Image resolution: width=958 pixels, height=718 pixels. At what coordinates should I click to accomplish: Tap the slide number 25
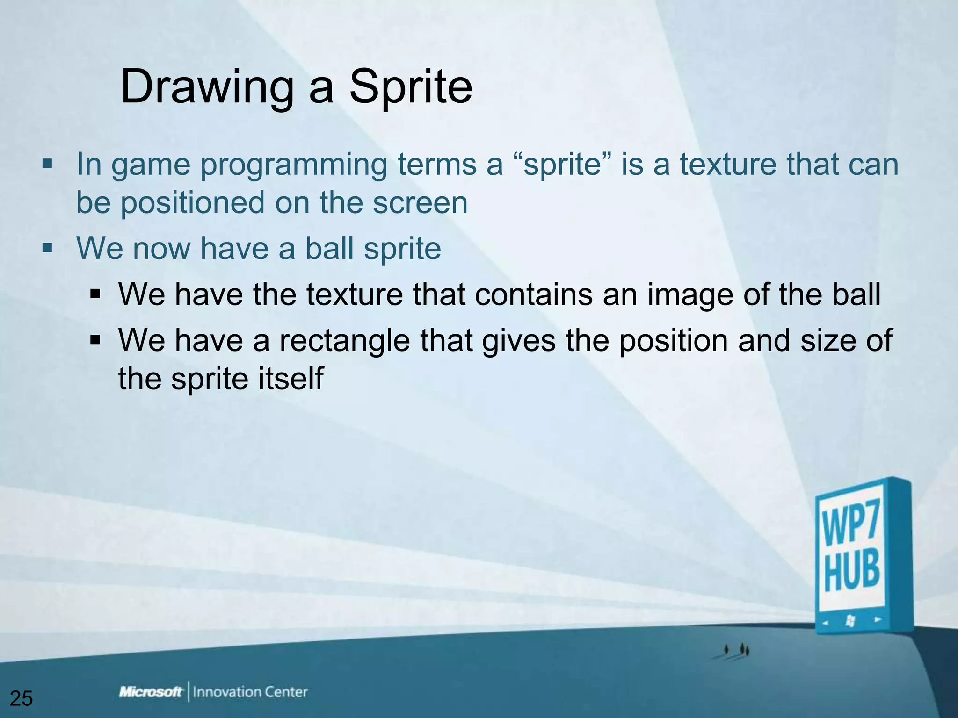(21, 698)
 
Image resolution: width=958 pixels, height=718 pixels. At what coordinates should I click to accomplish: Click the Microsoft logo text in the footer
(151, 692)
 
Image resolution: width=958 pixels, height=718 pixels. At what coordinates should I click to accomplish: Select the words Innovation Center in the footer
(250, 692)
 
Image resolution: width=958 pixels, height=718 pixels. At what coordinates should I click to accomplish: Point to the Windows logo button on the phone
(850, 621)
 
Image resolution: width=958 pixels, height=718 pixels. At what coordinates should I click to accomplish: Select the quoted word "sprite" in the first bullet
(562, 165)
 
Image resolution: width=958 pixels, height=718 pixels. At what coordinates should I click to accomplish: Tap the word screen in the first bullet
(420, 203)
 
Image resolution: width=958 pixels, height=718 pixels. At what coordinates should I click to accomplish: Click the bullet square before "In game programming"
(47, 164)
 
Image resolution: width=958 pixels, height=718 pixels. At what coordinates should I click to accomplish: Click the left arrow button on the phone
(826, 622)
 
